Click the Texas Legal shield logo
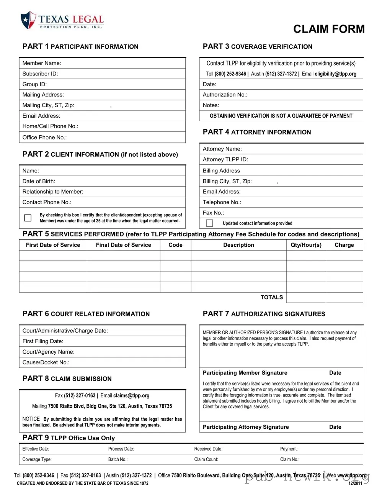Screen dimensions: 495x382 pyautogui.click(x=28, y=20)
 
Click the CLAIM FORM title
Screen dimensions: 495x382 pyautogui.click(x=329, y=29)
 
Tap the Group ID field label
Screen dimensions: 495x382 pyautogui.click(x=34, y=84)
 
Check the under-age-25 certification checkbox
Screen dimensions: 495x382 pyautogui.click(x=28, y=218)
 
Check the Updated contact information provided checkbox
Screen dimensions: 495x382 pyautogui.click(x=209, y=223)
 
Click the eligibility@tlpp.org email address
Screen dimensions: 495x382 pyautogui.click(x=335, y=74)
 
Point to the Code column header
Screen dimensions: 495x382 pyautogui.click(x=175, y=245)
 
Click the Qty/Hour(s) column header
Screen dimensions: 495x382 pyautogui.click(x=306, y=245)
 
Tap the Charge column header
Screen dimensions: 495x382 pyautogui.click(x=344, y=245)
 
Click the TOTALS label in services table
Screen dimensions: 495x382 pyautogui.click(x=271, y=297)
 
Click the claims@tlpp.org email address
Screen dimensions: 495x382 pyautogui.click(x=131, y=396)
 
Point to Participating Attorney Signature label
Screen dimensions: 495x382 pyautogui.click(x=246, y=427)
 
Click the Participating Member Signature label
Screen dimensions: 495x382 pyautogui.click(x=245, y=373)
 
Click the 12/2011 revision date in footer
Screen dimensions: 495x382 pyautogui.click(x=355, y=484)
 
